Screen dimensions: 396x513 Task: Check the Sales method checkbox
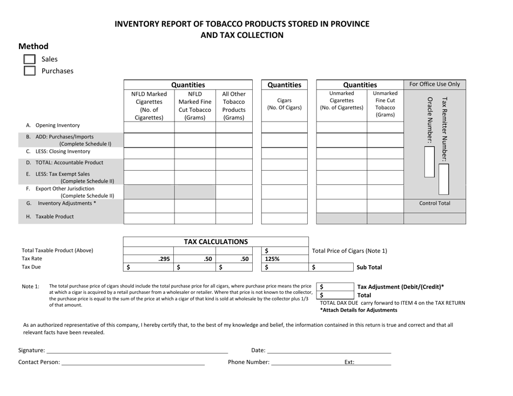[x=30, y=59]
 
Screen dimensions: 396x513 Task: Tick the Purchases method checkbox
[x=30, y=70]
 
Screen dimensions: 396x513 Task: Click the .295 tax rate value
[x=159, y=259]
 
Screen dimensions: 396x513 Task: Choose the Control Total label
[x=435, y=204]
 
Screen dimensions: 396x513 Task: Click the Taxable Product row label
[x=51, y=216]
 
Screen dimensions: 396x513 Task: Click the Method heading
[x=33, y=46]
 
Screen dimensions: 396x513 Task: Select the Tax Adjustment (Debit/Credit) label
[x=409, y=286]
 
